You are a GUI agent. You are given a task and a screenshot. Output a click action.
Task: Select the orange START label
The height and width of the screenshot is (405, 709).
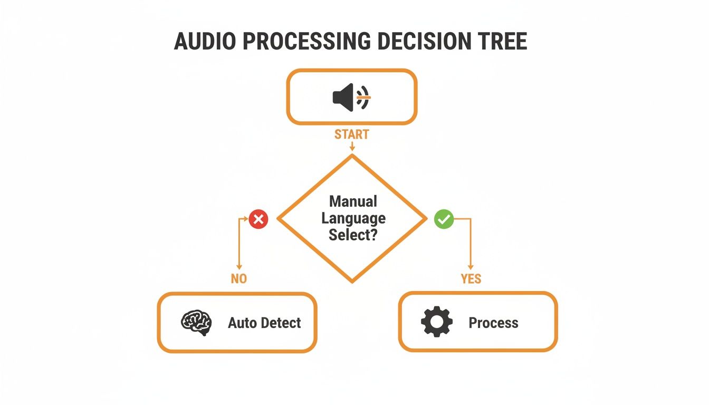point(351,134)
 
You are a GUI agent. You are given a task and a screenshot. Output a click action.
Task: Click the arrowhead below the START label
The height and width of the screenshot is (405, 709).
point(351,149)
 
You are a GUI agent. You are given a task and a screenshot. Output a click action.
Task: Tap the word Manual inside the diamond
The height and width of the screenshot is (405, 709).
point(353,201)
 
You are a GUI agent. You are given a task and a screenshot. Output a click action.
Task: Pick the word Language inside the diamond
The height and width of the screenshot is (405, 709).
point(353,218)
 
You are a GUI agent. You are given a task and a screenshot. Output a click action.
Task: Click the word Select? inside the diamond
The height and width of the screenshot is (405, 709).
point(353,235)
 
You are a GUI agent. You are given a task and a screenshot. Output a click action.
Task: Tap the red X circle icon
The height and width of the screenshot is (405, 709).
point(258,219)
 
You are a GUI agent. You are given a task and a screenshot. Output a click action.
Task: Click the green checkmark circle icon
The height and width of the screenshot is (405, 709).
point(444,219)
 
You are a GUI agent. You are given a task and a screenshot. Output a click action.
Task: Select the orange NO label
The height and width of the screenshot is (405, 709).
point(238,279)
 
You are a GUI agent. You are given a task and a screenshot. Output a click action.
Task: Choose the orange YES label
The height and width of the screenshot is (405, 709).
point(471,279)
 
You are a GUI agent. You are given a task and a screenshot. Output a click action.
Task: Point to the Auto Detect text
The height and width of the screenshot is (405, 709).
point(264,323)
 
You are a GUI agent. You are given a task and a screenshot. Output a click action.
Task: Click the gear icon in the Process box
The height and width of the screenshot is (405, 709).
point(437,322)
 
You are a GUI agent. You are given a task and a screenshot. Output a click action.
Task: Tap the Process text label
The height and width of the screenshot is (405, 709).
point(493,323)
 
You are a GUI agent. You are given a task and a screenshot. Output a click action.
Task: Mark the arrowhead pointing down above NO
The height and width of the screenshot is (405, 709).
point(239,267)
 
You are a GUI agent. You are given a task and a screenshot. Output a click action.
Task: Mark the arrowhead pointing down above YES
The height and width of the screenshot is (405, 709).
point(471,267)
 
